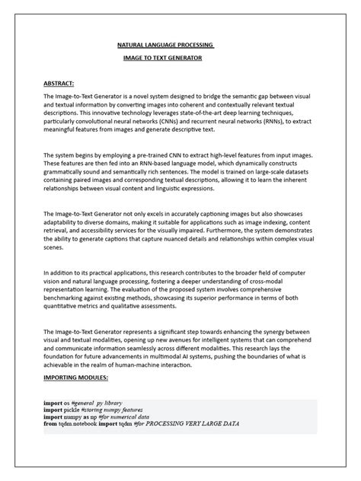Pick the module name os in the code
coord(67,402)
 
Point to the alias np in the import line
coord(94,416)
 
